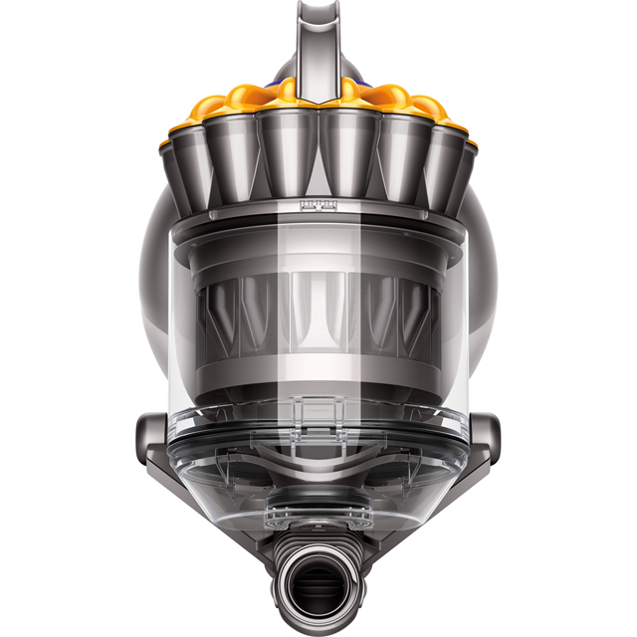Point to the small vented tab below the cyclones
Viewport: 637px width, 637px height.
tap(318, 207)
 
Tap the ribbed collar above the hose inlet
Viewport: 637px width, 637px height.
tap(318, 532)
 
